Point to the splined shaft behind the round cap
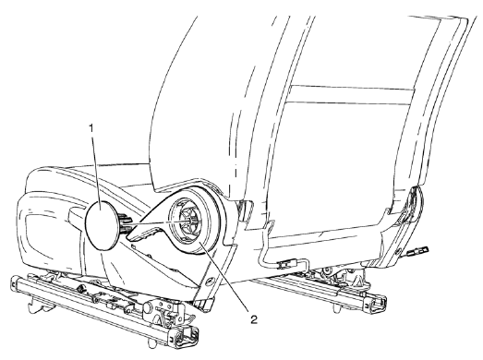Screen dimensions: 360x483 (x=124, y=222)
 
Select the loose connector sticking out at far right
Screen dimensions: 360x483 (x=429, y=248)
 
